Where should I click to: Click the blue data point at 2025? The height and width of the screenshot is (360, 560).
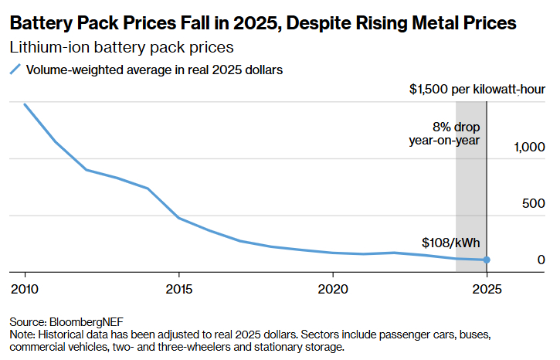click(487, 260)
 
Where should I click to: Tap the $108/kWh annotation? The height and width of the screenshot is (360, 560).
click(454, 243)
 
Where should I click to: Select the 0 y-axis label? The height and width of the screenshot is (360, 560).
click(541, 260)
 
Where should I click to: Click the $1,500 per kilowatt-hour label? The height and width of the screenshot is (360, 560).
click(477, 90)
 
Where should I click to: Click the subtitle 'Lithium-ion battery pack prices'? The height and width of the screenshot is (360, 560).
click(121, 47)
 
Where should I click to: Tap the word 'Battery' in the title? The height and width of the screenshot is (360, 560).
click(39, 24)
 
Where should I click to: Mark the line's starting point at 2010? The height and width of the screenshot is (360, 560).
click(25, 104)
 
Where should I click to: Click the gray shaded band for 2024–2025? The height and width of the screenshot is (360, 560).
click(470, 209)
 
